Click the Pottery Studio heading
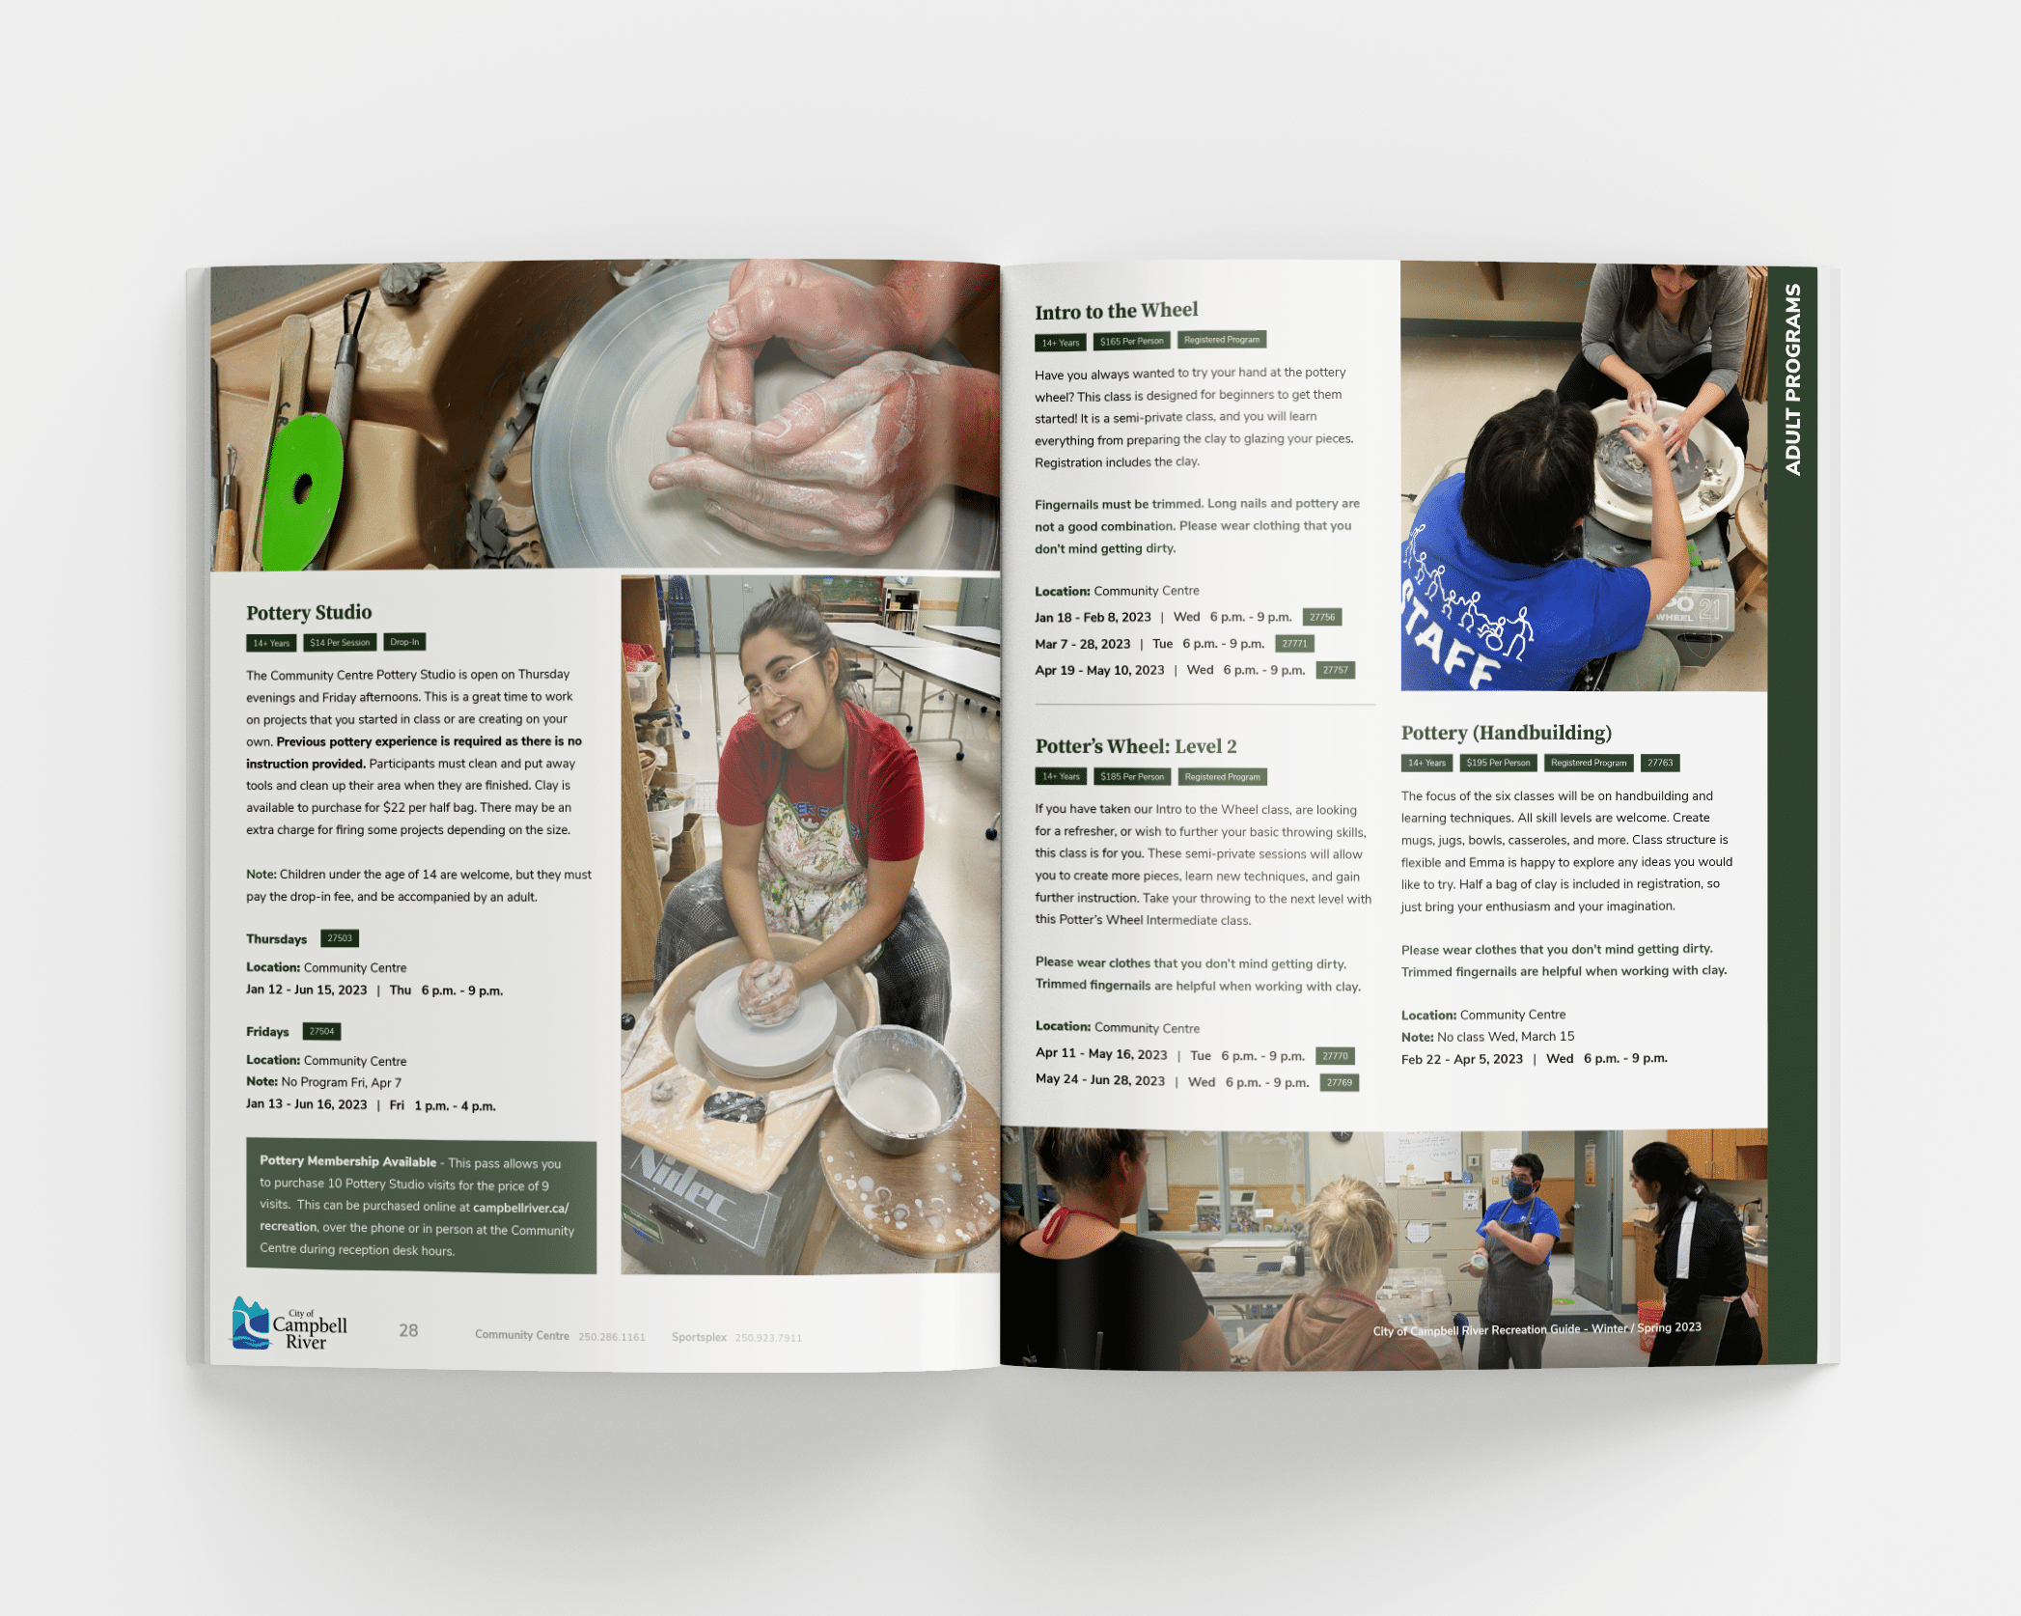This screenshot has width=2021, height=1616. (x=309, y=612)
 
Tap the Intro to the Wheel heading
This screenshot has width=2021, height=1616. (x=1116, y=311)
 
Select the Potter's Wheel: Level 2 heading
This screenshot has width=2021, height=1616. (x=1135, y=746)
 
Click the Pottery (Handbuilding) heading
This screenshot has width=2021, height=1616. (x=1506, y=733)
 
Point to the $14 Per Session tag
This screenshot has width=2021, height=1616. (x=340, y=643)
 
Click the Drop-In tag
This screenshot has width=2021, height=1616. (x=404, y=642)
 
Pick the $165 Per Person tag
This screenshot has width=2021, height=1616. (x=1131, y=341)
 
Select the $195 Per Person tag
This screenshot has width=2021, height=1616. (x=1498, y=763)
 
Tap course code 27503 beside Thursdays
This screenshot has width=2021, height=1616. (x=340, y=938)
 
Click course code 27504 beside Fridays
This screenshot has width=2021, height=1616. (x=321, y=1031)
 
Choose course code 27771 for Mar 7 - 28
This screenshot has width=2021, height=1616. (x=1294, y=644)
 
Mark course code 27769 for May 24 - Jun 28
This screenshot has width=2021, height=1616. (x=1339, y=1082)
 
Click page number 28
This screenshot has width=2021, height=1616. (x=408, y=1330)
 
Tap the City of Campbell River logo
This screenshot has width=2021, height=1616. (x=289, y=1323)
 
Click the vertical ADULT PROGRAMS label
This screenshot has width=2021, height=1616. (x=1792, y=379)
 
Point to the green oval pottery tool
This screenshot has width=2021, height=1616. (x=302, y=489)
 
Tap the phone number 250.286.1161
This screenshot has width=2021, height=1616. (x=612, y=1337)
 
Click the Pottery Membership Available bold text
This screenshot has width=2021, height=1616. (x=347, y=1161)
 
